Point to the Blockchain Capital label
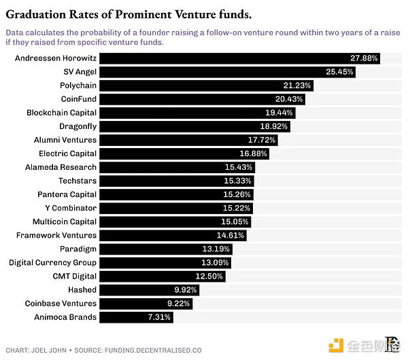[x=62, y=113]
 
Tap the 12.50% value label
[x=209, y=276]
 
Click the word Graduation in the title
[x=42, y=12]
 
